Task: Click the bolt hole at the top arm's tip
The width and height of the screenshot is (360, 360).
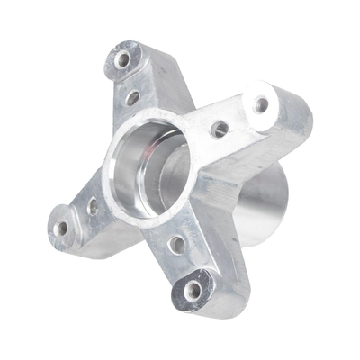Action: [x=122, y=60]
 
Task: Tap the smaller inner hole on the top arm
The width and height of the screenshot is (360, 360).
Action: [x=132, y=97]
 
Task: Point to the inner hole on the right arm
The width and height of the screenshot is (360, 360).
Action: [x=219, y=129]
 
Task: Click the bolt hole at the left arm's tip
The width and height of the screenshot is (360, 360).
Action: [x=61, y=228]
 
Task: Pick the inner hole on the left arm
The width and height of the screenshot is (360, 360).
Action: [x=94, y=206]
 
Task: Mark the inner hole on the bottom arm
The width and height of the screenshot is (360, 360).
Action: [x=178, y=243]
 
